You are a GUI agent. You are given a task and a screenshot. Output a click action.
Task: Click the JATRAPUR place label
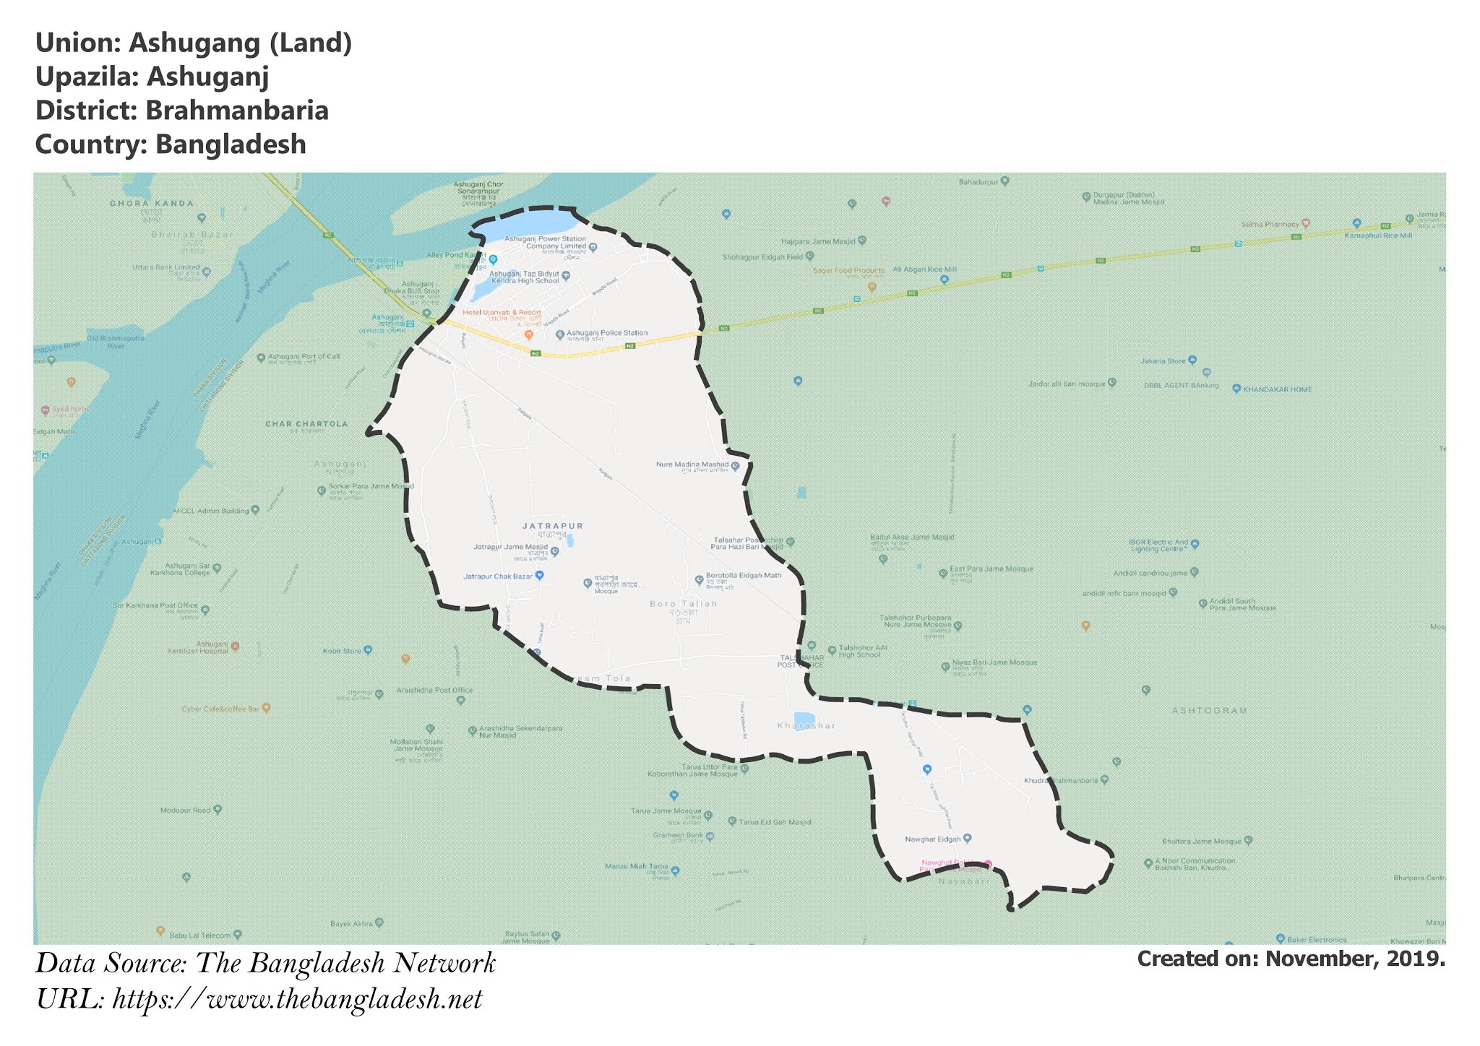tap(552, 526)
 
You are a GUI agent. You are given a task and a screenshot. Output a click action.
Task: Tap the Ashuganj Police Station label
tap(606, 333)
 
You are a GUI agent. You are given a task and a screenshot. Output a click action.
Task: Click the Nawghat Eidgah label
tap(933, 839)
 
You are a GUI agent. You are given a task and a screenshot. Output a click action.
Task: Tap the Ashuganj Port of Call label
tap(304, 357)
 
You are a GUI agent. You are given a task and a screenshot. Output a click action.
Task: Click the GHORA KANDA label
tap(152, 204)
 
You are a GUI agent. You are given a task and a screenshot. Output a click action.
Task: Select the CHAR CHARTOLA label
tap(306, 424)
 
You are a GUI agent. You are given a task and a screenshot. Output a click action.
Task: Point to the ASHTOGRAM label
tap(1210, 711)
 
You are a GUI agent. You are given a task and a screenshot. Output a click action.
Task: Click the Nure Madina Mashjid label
tap(692, 464)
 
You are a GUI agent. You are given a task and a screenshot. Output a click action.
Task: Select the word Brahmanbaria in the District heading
tap(237, 111)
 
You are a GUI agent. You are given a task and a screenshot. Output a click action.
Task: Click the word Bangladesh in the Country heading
tap(231, 144)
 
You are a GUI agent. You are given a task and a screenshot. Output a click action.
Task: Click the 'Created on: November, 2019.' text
tap(1291, 959)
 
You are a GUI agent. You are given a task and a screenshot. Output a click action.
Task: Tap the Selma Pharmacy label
tap(1270, 225)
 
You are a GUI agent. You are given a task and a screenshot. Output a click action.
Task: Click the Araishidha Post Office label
tap(434, 691)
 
